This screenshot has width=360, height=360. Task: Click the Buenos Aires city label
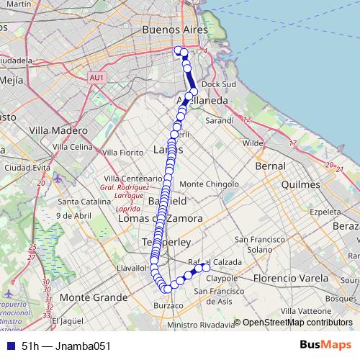point(175,31)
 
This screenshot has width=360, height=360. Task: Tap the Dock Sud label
point(220,84)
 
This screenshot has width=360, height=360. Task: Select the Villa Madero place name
point(57,130)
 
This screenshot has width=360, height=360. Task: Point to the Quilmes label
point(300,185)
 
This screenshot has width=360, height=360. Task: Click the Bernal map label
point(270,166)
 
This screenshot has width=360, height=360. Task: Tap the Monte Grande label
point(90,297)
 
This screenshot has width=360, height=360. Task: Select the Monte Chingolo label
point(209,184)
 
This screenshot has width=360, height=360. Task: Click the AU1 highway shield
point(97,77)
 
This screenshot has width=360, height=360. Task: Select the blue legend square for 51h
point(9,346)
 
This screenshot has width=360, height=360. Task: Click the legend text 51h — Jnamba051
point(66,346)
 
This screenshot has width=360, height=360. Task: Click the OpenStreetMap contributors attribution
point(296,323)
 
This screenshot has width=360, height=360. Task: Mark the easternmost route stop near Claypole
point(206,268)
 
